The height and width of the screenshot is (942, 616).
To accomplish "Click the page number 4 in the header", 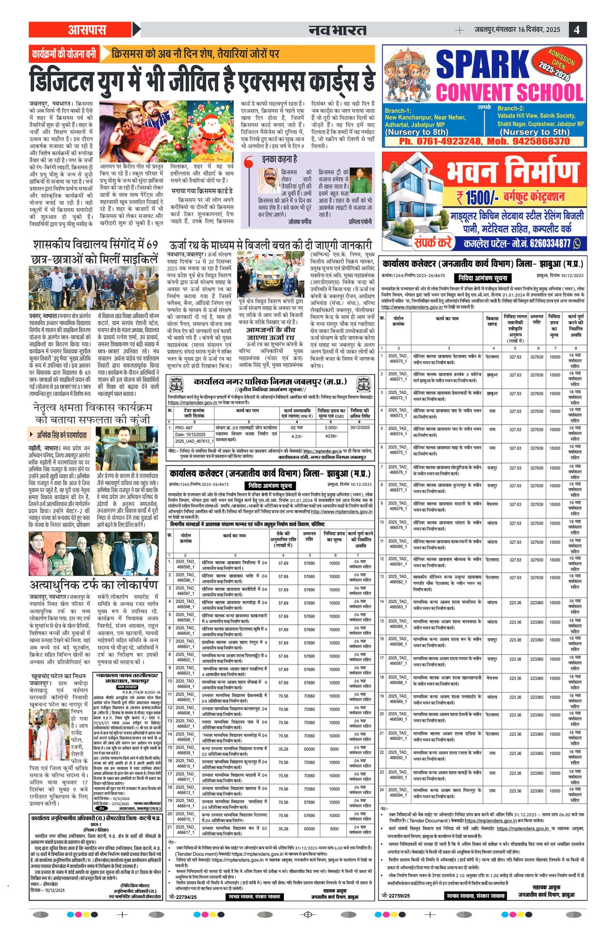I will tap(577, 30).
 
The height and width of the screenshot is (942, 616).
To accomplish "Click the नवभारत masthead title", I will tap(337, 30).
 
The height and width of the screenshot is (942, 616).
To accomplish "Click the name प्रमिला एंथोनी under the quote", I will tap(360, 222).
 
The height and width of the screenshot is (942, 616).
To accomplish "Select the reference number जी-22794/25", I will tap(182, 886).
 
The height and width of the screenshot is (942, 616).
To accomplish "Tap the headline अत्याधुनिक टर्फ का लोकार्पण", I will tap(94, 586).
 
